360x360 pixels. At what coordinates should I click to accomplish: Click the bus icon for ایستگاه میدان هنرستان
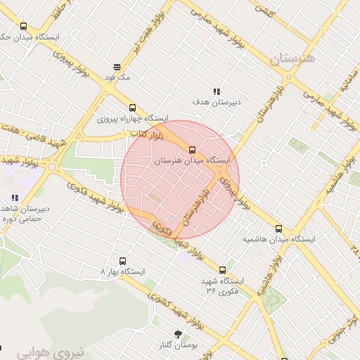[x=192, y=149]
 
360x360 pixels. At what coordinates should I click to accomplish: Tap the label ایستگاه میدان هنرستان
[x=192, y=161]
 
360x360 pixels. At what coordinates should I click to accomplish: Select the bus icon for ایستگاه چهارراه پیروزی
[x=132, y=108]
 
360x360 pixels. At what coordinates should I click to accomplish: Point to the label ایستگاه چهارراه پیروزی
[x=133, y=118]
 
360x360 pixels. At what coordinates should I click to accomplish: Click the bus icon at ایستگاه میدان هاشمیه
[x=279, y=229]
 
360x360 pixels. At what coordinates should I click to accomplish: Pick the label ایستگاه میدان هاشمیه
[x=279, y=239]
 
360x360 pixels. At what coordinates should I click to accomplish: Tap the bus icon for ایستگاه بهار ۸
[x=123, y=260]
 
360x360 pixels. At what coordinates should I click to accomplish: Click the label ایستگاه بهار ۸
[x=123, y=271]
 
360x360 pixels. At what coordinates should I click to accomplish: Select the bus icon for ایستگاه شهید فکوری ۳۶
[x=223, y=270]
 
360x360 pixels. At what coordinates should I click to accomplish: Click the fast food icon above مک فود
[x=117, y=67]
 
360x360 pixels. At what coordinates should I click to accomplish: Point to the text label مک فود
[x=117, y=77]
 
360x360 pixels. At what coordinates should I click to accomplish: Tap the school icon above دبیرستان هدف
[x=217, y=91]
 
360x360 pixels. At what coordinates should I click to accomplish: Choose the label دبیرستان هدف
[x=217, y=102]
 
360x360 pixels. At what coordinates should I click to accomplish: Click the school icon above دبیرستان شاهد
[x=15, y=198]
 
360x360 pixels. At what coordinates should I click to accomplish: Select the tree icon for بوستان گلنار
[x=177, y=335]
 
